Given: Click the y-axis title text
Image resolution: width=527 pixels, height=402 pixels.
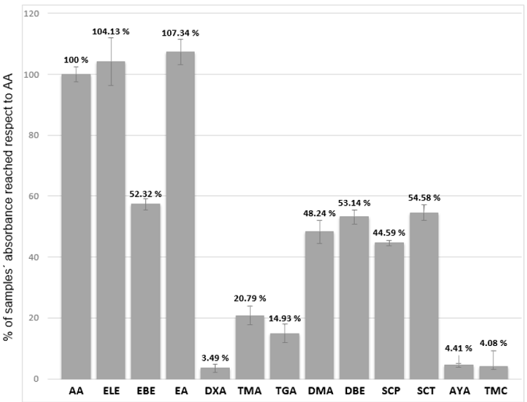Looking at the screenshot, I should click(x=12, y=196).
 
